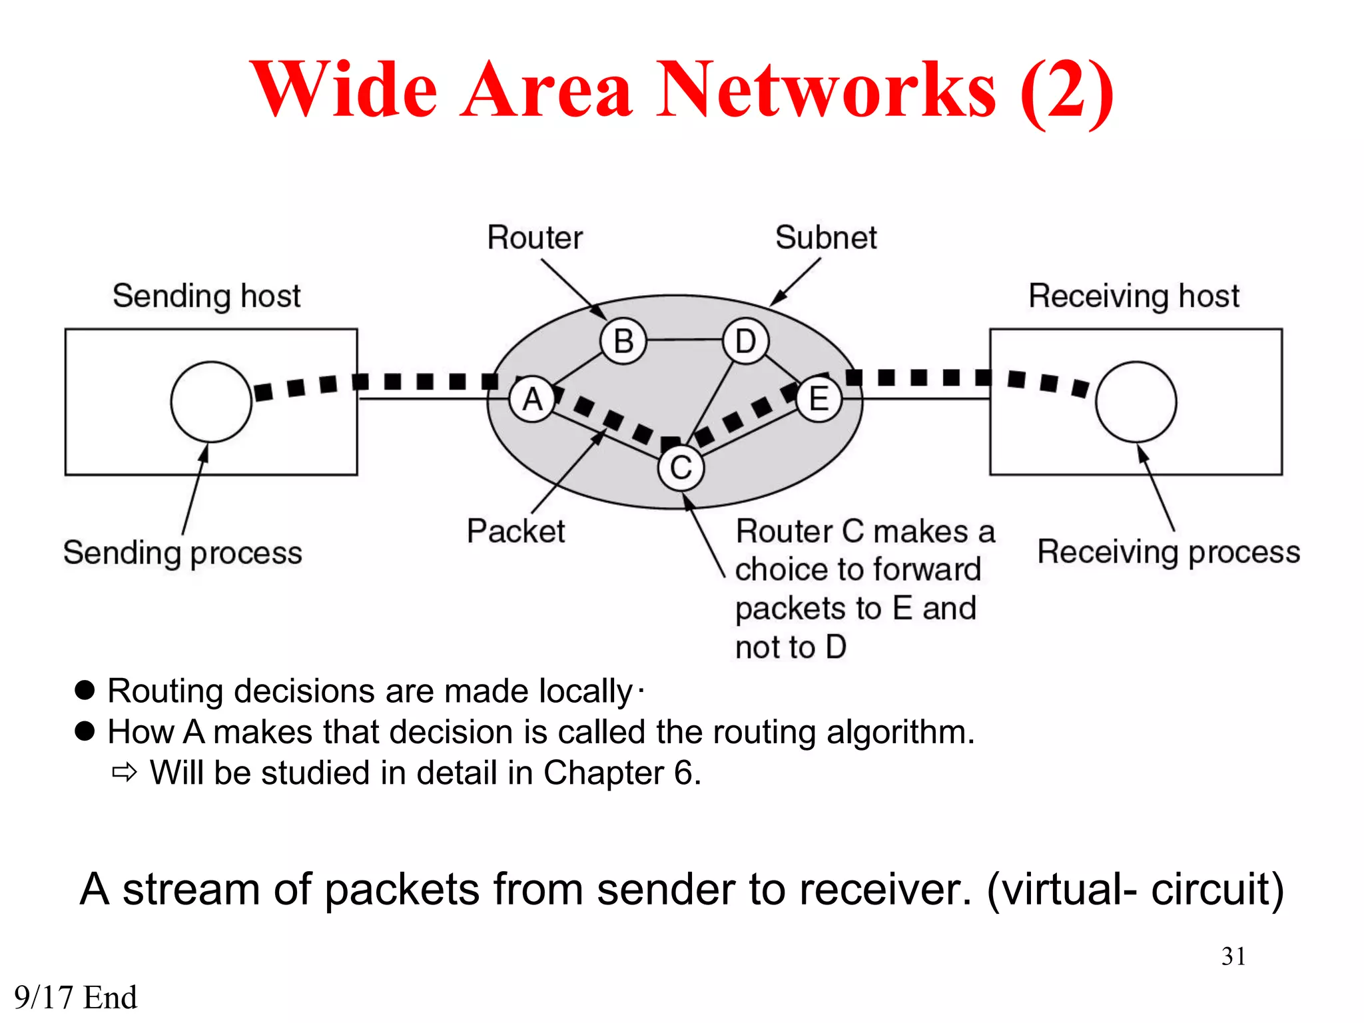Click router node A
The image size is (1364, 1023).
point(532,400)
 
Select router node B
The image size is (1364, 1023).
point(623,341)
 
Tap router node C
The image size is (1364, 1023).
point(681,468)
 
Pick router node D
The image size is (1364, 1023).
point(745,341)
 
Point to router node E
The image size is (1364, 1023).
point(819,400)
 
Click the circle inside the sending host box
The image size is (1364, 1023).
point(211,402)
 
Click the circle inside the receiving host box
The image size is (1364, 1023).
point(1136,402)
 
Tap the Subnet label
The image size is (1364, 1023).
point(826,238)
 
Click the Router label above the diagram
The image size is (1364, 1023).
point(535,238)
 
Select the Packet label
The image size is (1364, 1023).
point(515,531)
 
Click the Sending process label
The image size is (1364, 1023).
point(182,553)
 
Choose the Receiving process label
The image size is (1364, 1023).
point(1168,552)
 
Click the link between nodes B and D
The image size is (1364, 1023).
point(685,340)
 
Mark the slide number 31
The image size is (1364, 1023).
point(1233,956)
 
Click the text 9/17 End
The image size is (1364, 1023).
point(75,998)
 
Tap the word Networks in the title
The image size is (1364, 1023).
point(826,90)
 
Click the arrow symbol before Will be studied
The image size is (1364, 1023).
point(125,773)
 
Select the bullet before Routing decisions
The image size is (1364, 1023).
point(85,690)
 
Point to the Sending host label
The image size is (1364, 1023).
point(206,296)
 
